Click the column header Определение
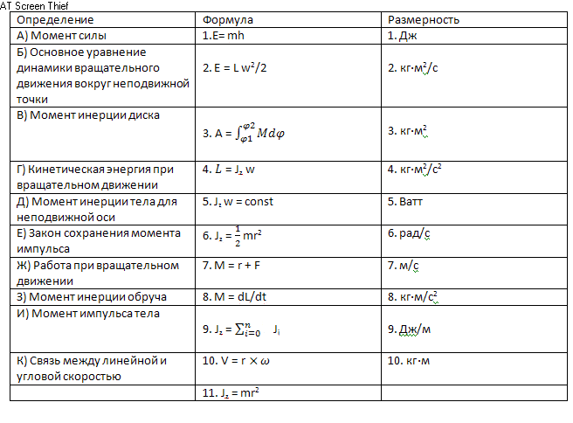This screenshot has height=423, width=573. [x=55, y=20]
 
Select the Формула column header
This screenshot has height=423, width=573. [x=228, y=20]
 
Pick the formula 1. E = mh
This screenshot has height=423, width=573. [x=225, y=36]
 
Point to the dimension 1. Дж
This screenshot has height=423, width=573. [x=403, y=36]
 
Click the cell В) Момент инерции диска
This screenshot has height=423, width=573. [x=89, y=114]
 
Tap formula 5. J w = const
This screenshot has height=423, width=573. [x=238, y=201]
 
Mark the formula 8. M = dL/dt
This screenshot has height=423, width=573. [x=237, y=296]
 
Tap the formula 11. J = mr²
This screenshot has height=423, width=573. [x=231, y=392]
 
